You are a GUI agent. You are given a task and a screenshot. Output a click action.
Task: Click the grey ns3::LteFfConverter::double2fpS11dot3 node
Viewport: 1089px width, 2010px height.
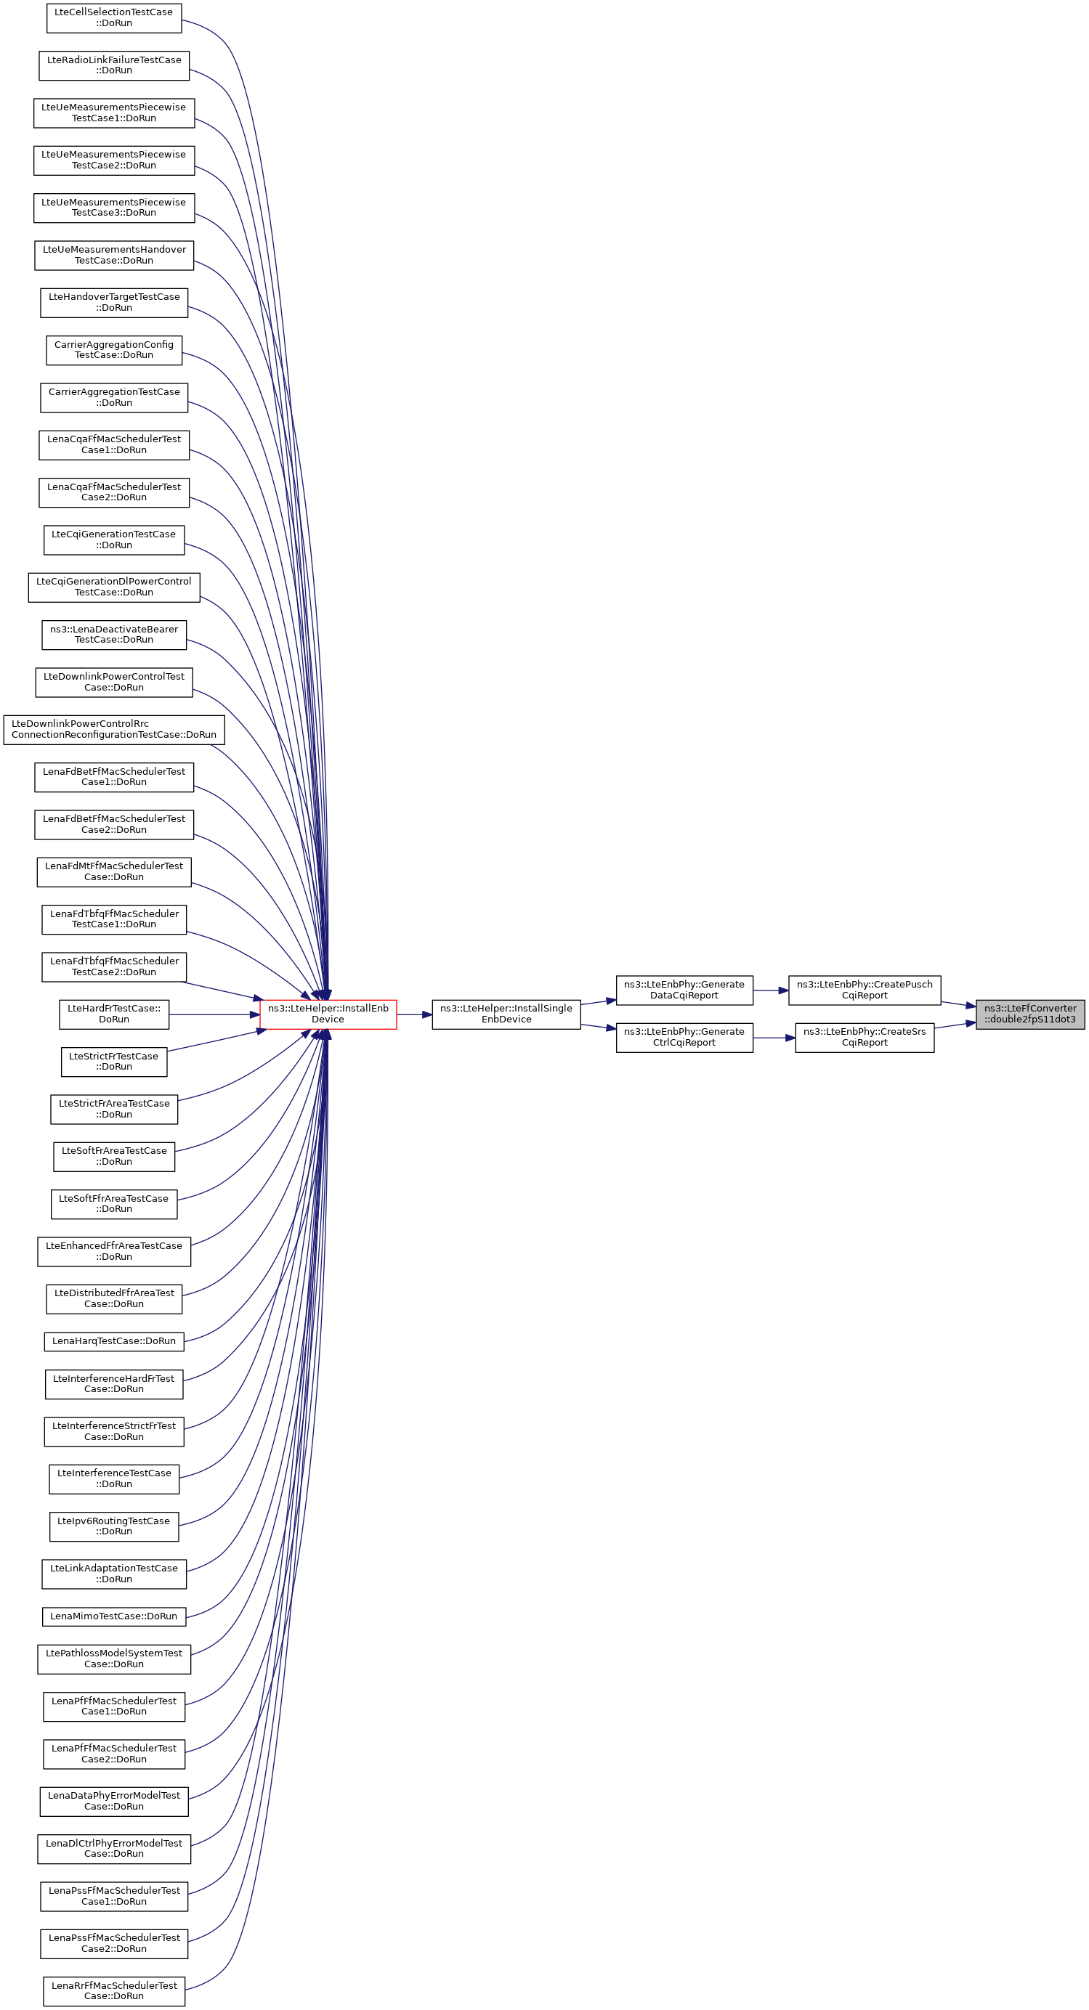point(1029,1014)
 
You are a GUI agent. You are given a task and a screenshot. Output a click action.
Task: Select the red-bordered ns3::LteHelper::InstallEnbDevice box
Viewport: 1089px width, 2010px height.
point(328,1014)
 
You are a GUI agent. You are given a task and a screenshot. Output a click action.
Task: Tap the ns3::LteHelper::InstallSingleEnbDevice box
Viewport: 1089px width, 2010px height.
point(506,1014)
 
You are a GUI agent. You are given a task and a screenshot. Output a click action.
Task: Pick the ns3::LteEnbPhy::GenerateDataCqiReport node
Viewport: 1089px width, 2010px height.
point(684,990)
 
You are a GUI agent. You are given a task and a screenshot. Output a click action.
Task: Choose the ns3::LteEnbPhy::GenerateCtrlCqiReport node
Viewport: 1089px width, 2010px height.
point(684,1037)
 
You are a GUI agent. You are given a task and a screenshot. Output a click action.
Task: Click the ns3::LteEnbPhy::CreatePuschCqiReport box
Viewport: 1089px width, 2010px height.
point(865,990)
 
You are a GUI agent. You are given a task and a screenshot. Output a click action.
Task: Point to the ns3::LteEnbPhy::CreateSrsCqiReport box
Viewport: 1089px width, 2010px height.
point(865,1037)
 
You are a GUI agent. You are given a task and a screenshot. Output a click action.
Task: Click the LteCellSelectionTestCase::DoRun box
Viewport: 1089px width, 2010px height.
point(114,18)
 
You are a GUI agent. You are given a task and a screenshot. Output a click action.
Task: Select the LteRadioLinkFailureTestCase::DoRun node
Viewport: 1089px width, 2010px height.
point(114,65)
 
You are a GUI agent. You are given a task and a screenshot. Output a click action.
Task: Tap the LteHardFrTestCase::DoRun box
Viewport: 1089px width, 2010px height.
point(114,1014)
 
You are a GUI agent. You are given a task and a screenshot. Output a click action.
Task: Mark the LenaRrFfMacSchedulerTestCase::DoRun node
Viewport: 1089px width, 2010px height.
point(114,1990)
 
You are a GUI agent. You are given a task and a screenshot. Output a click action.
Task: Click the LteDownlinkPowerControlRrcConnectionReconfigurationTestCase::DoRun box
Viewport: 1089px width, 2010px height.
point(114,730)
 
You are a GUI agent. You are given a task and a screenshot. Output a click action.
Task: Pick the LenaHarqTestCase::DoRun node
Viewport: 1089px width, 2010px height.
point(114,1341)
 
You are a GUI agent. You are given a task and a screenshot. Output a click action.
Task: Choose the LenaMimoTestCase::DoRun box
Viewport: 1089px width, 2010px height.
point(114,1616)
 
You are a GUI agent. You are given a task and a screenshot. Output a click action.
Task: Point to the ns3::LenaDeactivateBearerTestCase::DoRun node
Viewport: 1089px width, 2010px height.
point(114,635)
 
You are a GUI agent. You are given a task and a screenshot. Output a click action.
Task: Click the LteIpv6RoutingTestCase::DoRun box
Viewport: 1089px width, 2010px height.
point(114,1526)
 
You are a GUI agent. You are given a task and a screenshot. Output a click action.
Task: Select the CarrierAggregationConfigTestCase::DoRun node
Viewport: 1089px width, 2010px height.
point(114,349)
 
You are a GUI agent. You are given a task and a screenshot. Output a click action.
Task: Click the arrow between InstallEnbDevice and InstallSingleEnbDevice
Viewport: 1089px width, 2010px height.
point(415,1014)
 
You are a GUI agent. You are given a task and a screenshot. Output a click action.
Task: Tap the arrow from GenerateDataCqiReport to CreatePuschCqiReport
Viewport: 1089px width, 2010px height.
point(771,991)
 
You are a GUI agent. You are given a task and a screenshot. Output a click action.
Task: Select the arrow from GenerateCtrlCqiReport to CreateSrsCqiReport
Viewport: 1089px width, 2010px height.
point(774,1038)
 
